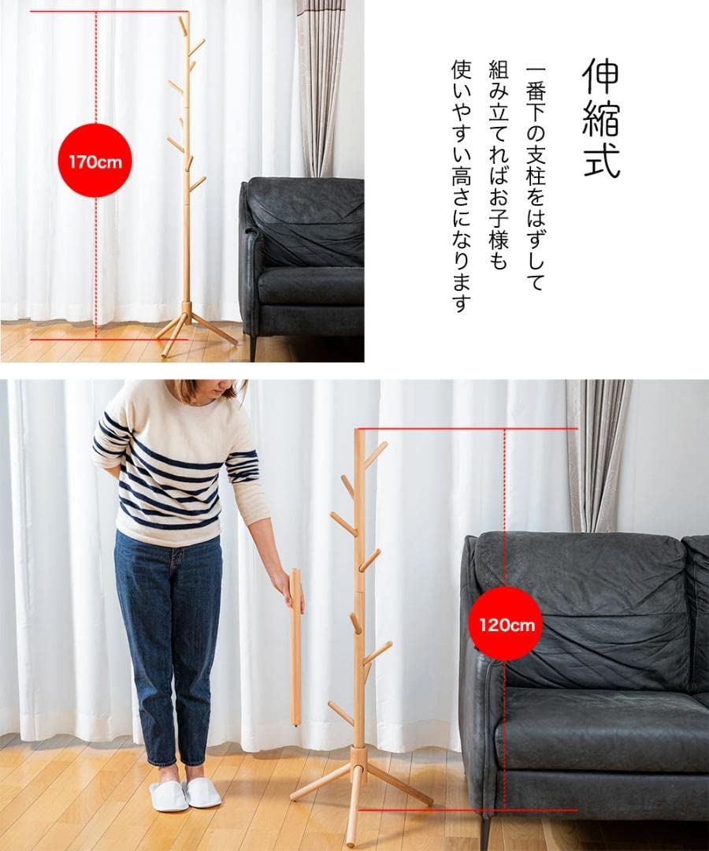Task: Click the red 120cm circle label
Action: [x=506, y=624]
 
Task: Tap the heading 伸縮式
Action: [x=600, y=118]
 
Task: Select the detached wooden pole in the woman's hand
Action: [x=296, y=646]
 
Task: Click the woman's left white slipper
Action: [x=202, y=792]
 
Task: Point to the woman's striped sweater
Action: [x=173, y=465]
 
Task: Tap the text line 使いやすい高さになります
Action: [x=461, y=185]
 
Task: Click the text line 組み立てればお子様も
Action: [x=498, y=165]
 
